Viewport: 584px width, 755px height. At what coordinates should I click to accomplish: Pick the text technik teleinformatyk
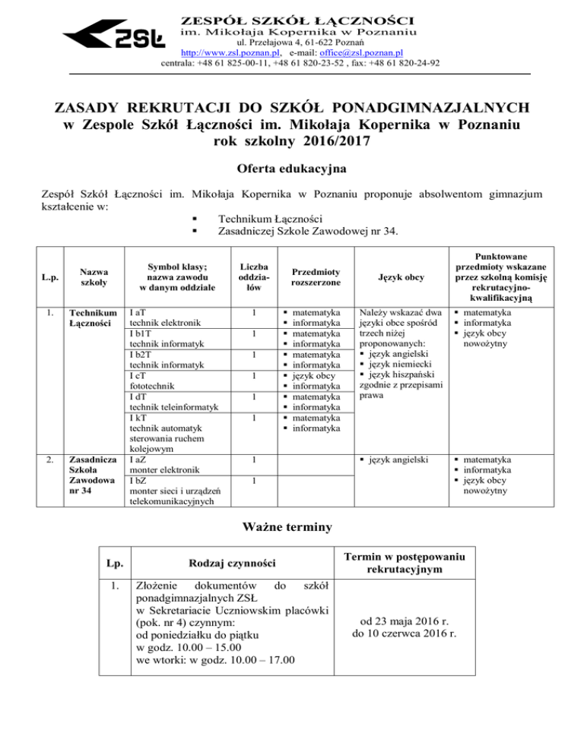pos(175,407)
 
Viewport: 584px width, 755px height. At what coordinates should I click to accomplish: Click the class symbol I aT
pos(138,311)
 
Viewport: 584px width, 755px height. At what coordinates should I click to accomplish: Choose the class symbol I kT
pos(138,418)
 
